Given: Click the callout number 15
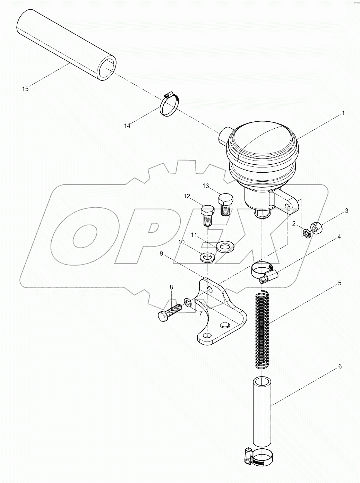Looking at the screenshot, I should click(x=25, y=89).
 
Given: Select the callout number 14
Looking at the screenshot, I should click(x=127, y=126).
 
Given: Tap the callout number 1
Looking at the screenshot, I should click(x=343, y=113).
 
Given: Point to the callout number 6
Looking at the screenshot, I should click(x=340, y=366).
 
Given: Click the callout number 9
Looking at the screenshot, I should click(x=161, y=253).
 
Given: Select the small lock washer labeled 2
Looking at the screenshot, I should click(x=307, y=233).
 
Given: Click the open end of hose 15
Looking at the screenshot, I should click(x=106, y=68).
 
